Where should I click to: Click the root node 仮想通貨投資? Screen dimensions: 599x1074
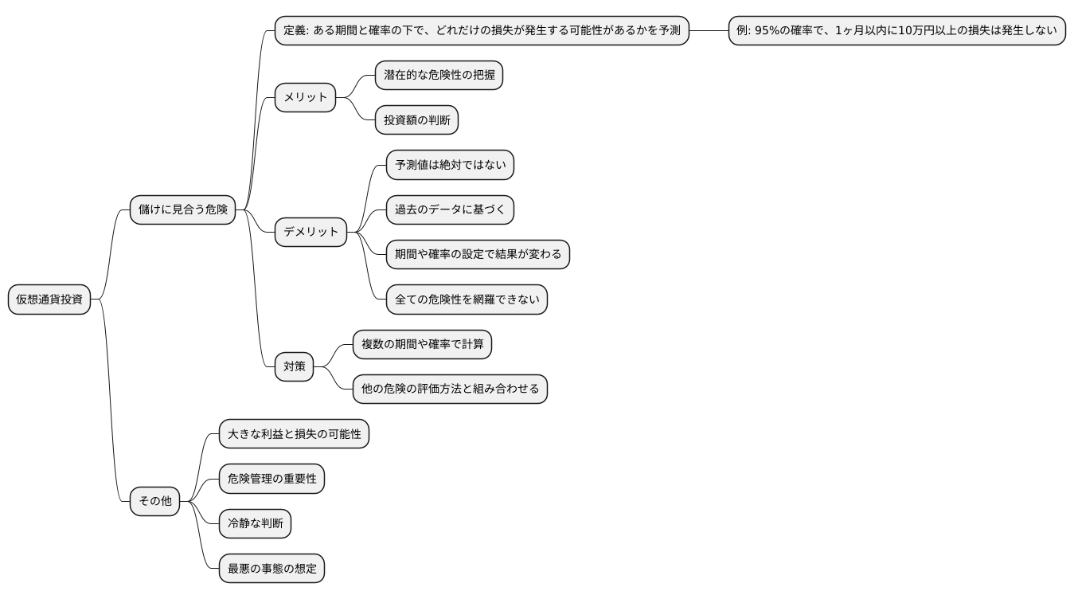49,299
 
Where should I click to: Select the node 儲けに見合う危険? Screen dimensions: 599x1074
182,209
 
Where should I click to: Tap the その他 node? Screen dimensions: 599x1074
155,501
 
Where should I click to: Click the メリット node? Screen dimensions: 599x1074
305,97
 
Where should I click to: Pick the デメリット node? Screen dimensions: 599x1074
310,232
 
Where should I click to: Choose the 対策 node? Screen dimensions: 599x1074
294,366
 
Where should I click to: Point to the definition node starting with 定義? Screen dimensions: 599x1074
481,30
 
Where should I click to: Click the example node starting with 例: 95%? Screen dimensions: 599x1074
896,30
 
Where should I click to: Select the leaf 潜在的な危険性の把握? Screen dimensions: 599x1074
439,75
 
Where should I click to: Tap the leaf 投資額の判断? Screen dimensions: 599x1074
416,120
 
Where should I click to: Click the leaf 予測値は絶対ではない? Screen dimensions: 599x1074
450,165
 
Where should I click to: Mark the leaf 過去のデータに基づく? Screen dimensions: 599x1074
450,209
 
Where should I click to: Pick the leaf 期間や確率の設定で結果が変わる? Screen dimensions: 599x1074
478,254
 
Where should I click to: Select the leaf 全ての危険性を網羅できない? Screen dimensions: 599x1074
467,299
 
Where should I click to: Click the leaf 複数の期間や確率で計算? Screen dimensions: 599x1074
422,344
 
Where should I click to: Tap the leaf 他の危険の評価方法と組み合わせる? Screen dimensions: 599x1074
450,389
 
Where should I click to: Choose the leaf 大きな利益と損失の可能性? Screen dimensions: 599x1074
294,434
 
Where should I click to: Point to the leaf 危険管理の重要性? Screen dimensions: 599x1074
271,479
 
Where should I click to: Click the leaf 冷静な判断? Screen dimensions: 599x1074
255,523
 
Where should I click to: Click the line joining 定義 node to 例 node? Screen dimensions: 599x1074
709,30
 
